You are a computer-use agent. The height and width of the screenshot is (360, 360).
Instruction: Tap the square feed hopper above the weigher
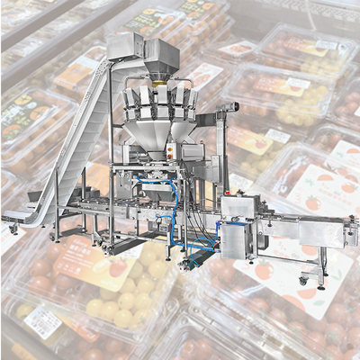point(163,56)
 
